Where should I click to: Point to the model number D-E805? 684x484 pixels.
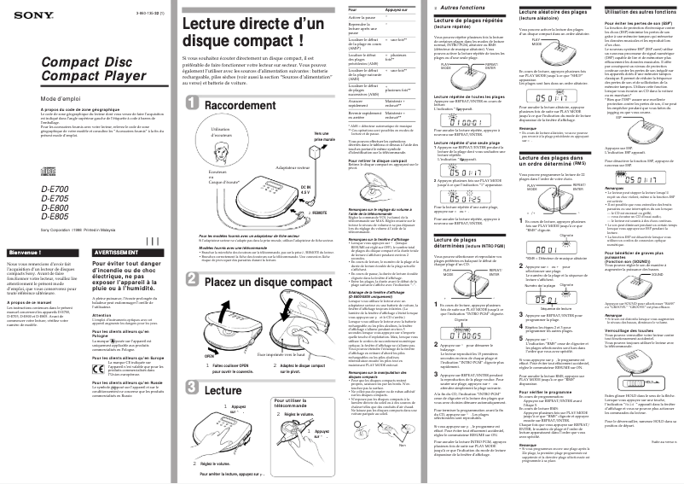(30, 216)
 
